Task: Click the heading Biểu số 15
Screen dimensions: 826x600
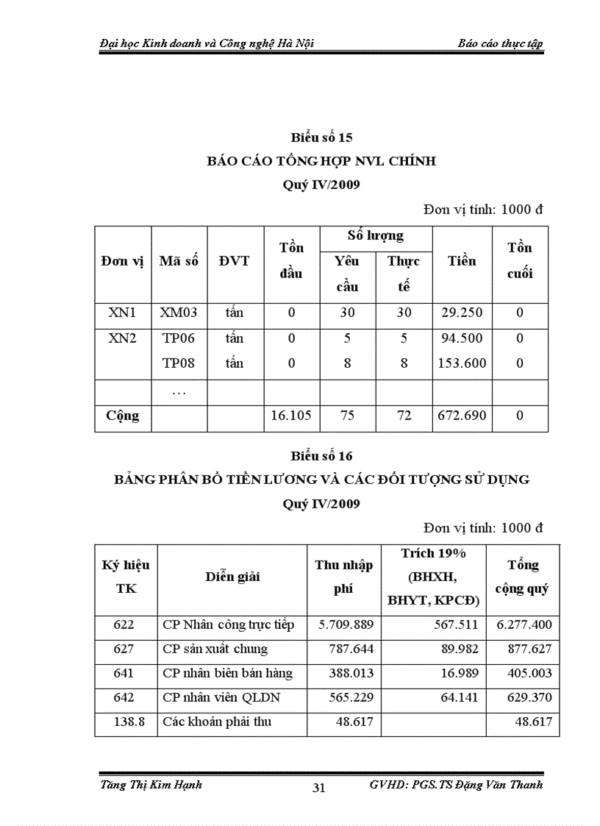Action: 321,138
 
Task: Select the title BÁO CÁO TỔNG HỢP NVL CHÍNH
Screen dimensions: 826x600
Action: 321,161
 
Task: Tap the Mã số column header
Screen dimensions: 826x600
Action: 179,261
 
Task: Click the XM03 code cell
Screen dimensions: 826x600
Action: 179,313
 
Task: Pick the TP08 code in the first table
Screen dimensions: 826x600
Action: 179,363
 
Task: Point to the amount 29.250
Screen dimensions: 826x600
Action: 462,313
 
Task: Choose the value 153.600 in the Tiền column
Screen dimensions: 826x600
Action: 462,363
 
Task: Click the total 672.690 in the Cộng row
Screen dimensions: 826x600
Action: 462,416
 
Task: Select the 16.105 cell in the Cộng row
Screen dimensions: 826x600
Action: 291,416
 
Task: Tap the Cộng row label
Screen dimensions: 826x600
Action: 122,416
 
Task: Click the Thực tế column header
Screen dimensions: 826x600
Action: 404,274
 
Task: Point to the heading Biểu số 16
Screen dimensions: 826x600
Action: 321,456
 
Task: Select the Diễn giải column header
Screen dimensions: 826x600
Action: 232,577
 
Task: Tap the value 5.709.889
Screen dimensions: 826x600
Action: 346,624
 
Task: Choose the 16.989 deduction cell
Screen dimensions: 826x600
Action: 460,673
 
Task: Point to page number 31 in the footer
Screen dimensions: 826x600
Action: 319,788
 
